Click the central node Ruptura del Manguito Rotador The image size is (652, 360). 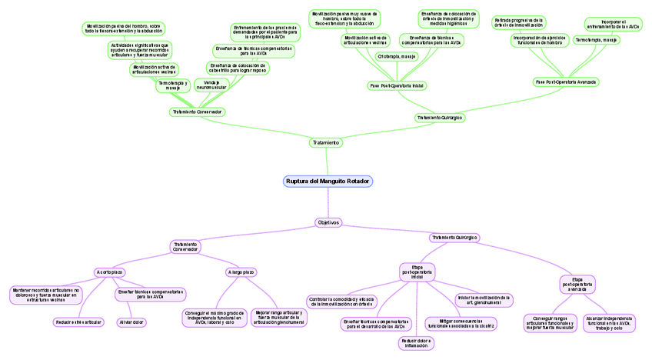click(328, 182)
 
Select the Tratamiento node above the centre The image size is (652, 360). click(326, 142)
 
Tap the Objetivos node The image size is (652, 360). click(328, 222)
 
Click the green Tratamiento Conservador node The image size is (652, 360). click(198, 112)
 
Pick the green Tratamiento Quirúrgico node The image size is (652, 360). click(439, 118)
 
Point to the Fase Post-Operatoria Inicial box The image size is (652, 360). click(397, 85)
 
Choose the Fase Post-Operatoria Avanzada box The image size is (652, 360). click(566, 81)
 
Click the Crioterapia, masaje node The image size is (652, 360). click(397, 56)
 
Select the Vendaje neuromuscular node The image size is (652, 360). click(211, 85)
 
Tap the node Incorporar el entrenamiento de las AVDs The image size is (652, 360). click(613, 24)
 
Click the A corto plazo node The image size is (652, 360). click(108, 272)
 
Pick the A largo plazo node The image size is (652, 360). click(241, 272)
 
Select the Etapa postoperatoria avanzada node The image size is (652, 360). click(577, 283)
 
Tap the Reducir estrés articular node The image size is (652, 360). click(78, 322)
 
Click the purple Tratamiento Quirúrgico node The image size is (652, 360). click(454, 238)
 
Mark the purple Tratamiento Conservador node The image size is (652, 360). click(185, 246)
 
